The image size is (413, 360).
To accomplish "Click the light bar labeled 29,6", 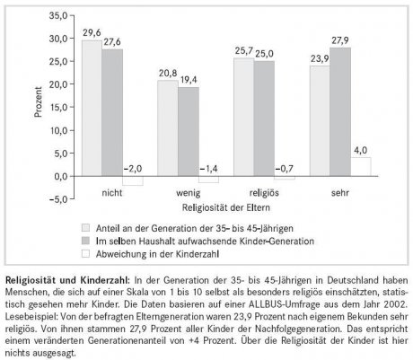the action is [x=92, y=109].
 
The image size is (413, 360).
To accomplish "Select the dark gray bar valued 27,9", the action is [x=340, y=112].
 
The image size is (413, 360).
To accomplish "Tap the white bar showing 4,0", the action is [x=361, y=167].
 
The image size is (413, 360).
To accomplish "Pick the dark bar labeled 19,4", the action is [x=189, y=132].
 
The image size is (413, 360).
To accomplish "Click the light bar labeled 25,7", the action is [x=244, y=117].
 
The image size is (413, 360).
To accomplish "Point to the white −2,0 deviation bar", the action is [x=133, y=180].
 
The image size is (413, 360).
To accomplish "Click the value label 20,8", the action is [x=168, y=73].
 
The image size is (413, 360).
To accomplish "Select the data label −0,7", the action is [x=285, y=169].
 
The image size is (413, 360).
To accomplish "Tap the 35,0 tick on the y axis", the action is [x=58, y=15].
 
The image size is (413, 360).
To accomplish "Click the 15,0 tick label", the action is [x=58, y=107].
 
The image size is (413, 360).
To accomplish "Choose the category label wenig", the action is [x=189, y=193].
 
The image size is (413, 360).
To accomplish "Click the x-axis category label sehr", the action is [x=340, y=193].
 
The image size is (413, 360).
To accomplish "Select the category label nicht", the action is [x=112, y=192].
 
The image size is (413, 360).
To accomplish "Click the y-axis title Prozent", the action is [x=38, y=101].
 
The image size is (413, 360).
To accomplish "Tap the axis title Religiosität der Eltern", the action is [x=226, y=207].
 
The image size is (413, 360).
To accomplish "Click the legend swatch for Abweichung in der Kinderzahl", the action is [x=85, y=254].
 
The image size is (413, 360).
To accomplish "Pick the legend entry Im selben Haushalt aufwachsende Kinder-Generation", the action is [x=205, y=241].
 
